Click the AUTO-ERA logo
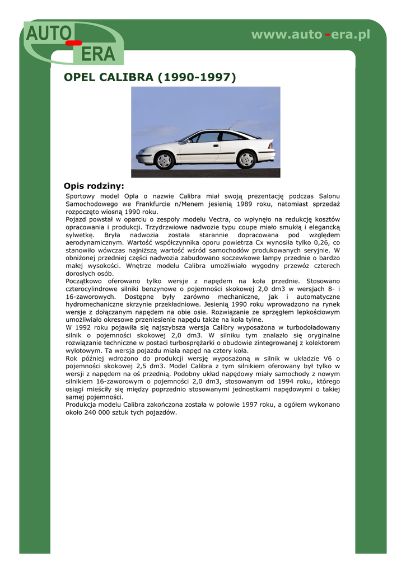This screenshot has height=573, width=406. [73, 43]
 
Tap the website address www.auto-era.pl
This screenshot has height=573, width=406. [310, 35]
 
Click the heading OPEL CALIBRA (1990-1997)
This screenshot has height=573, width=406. [151, 77]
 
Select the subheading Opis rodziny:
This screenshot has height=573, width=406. [94, 186]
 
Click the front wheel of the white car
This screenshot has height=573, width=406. [164, 160]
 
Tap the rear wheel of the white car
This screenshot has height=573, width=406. [246, 159]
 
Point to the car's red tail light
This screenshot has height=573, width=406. [270, 145]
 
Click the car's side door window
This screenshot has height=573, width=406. [209, 138]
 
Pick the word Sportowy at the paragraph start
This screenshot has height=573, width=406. [81, 196]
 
